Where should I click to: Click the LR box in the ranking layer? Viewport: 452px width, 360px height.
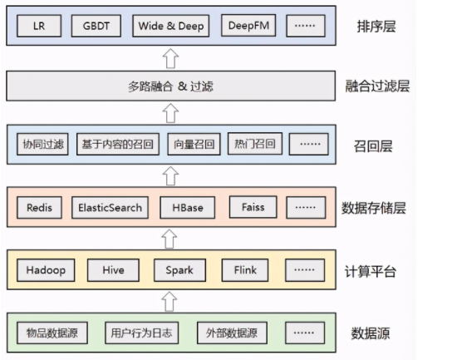click(39, 26)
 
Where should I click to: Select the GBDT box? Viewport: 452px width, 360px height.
click(96, 26)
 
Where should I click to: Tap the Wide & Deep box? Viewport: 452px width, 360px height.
click(171, 26)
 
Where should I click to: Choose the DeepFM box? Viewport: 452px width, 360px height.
click(248, 26)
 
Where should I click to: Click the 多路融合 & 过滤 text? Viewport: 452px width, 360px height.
click(170, 86)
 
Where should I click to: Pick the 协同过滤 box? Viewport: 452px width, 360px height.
click(42, 144)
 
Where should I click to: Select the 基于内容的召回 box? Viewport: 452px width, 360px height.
click(118, 144)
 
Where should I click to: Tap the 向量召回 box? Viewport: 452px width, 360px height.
click(194, 144)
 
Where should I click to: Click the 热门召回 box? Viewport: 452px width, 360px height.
click(255, 144)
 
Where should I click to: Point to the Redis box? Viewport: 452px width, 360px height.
click(40, 208)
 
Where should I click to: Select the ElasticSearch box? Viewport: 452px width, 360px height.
click(111, 208)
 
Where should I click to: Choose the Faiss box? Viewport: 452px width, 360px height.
click(253, 207)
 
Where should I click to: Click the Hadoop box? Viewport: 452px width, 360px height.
click(46, 270)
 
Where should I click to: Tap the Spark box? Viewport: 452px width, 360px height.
click(179, 270)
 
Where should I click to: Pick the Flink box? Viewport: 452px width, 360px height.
click(245, 270)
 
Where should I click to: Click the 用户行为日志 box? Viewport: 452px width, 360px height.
click(142, 333)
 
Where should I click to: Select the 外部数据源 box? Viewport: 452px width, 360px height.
click(232, 333)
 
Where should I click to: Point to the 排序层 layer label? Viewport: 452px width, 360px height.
click(376, 27)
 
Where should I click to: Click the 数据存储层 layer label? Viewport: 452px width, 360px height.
click(374, 208)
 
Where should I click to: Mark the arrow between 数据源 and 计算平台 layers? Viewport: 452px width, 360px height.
click(169, 302)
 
